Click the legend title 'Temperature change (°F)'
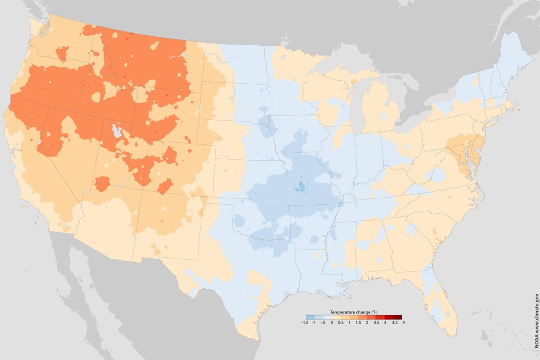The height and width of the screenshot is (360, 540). [354, 312]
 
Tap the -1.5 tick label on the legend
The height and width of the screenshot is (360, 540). [304, 322]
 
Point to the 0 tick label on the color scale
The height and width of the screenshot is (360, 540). [332, 322]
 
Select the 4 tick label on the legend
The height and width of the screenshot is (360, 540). [403, 322]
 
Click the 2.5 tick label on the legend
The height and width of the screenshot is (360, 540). [376, 322]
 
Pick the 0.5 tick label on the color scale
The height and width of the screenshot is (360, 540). [340, 322]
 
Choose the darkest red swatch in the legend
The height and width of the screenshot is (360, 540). [398, 317]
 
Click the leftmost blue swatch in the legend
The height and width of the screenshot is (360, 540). [310, 317]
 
